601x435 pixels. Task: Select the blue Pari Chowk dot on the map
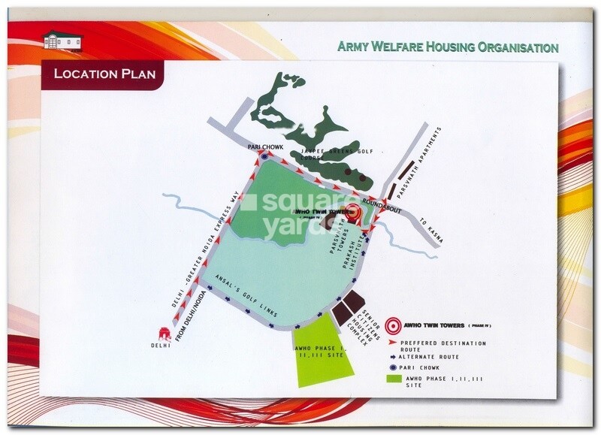[x=264, y=157]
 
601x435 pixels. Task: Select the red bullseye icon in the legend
[x=390, y=326]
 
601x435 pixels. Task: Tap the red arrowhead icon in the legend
[x=391, y=343]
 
